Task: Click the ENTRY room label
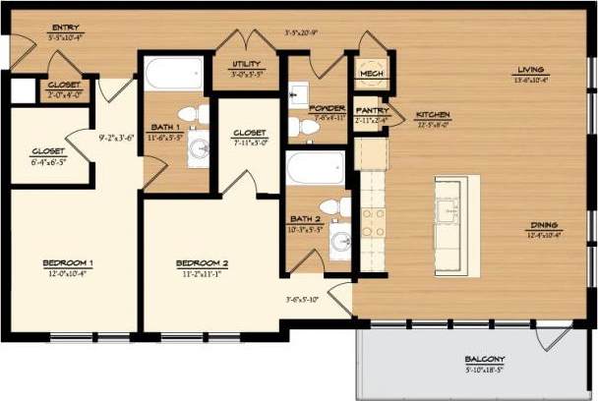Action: click(x=66, y=29)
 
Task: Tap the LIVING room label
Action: click(x=530, y=70)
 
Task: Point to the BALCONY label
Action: click(x=486, y=359)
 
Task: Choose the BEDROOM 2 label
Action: click(x=202, y=262)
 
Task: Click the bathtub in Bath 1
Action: click(x=173, y=75)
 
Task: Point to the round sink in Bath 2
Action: click(x=339, y=243)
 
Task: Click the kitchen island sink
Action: click(x=449, y=211)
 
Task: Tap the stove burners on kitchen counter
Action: click(x=372, y=222)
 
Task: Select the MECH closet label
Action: click(x=372, y=74)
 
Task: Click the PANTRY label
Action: click(x=373, y=111)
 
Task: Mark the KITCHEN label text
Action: click(x=433, y=115)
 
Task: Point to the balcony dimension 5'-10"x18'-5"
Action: click(x=486, y=370)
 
